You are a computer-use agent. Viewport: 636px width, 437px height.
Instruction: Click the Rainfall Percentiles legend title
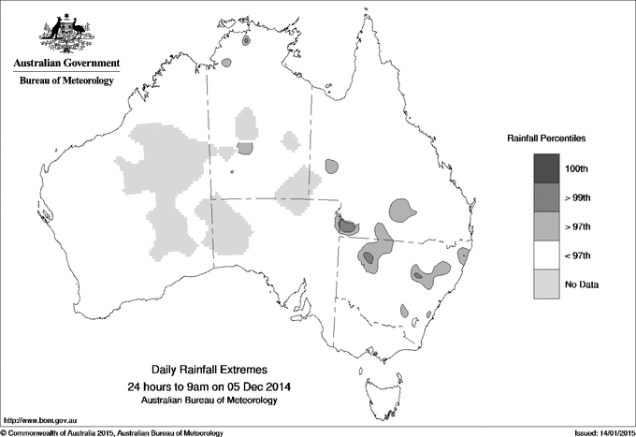pos(546,138)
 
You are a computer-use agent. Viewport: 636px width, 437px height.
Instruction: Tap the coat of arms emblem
pos(66,34)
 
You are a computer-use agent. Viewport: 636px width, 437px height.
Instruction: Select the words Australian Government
pos(66,64)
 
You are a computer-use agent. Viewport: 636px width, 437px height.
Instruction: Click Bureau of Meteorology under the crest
pos(66,81)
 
